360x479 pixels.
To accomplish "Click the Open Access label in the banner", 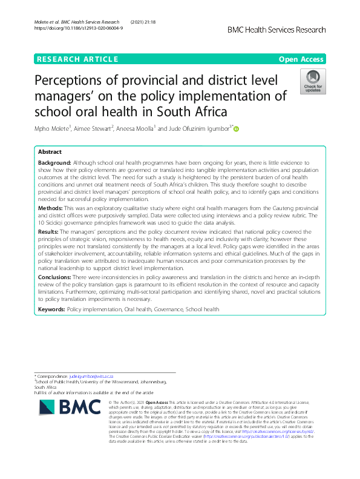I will pyautogui.click(x=302, y=59).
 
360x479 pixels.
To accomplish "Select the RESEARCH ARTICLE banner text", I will pyautogui.click(x=77, y=59).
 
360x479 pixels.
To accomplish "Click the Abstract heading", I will pyautogui.click(x=50, y=152).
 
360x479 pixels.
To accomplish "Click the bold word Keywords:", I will pyautogui.click(x=51, y=309).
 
